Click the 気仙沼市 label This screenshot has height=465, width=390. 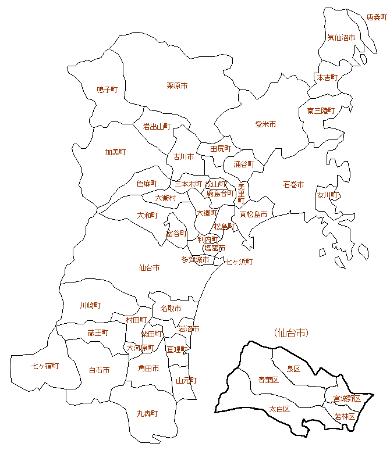341,38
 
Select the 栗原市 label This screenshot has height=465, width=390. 177,86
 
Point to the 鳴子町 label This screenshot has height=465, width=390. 107,90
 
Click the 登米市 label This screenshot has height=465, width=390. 265,124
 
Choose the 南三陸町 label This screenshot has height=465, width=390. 321,110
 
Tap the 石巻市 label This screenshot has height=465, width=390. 293,185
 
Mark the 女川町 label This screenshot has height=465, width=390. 328,195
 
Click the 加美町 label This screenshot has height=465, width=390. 115,152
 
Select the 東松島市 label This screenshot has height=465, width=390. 253,214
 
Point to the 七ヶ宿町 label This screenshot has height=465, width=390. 45,366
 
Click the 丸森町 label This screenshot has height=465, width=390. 147,414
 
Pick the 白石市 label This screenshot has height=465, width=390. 99,370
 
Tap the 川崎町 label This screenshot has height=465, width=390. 90,305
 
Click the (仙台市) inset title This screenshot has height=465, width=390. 290,333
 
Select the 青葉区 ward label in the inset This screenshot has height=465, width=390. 268,380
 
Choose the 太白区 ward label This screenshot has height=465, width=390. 279,409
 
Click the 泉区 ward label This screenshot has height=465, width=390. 293,369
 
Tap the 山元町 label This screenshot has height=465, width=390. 186,381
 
